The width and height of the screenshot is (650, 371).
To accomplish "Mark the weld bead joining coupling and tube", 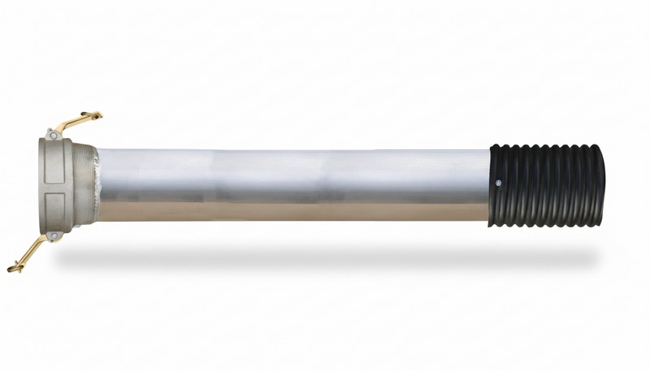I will (97, 185).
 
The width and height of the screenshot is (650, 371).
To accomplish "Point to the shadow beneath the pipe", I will (325, 257).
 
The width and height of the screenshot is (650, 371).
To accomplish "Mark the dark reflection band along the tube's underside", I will (292, 214).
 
